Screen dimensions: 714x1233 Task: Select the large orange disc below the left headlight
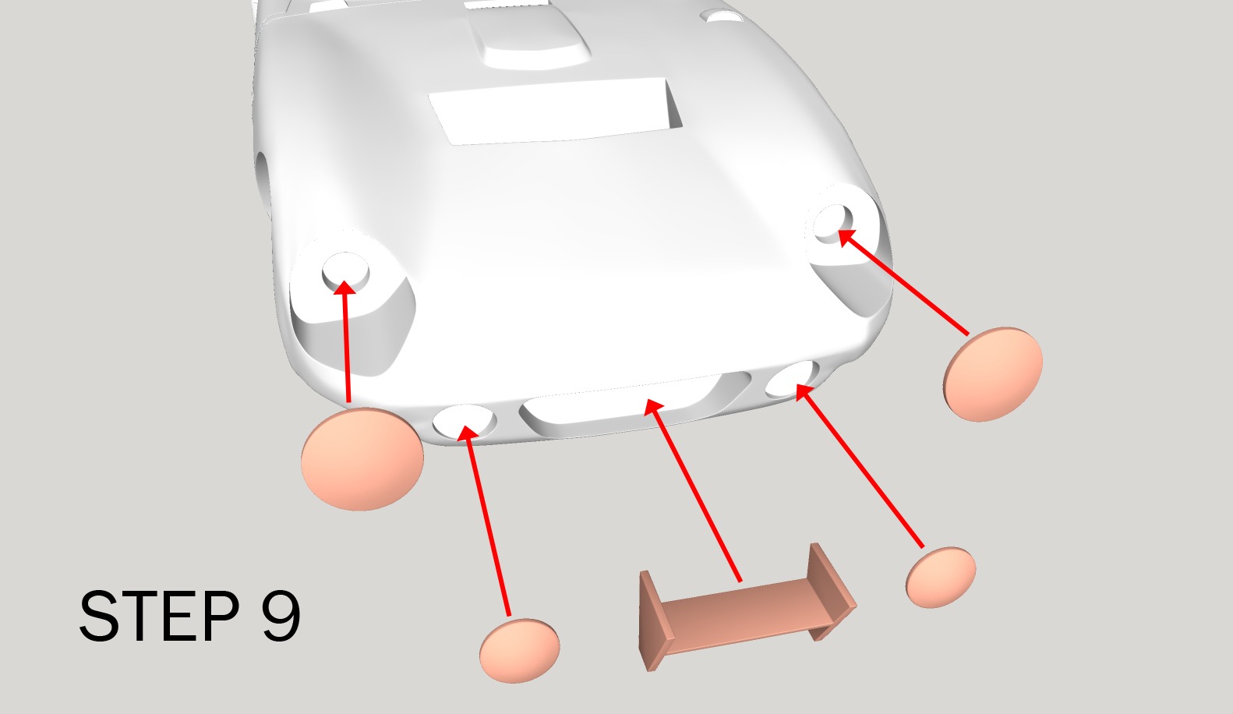pos(362,459)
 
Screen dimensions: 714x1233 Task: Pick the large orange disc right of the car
pos(992,374)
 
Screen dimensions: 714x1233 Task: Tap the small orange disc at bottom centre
pos(519,651)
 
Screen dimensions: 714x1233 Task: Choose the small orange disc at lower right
pos(941,577)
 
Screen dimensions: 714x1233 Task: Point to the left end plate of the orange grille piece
pos(649,620)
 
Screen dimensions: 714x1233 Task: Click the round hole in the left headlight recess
pos(345,270)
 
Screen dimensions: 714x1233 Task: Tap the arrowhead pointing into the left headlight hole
pos(344,288)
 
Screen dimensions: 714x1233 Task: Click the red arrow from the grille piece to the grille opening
pos(694,491)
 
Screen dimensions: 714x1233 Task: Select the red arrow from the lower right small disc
pos(861,468)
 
